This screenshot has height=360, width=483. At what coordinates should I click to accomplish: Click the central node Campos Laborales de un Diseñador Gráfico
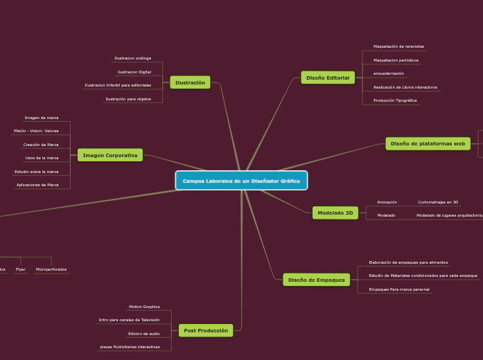pos(241,181)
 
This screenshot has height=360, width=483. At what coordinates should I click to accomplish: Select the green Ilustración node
pos(190,82)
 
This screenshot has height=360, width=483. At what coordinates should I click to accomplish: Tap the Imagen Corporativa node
pos(110,155)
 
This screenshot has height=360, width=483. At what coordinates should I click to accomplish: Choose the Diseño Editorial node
pos(328,78)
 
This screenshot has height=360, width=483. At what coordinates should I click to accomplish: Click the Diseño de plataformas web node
pos(428,143)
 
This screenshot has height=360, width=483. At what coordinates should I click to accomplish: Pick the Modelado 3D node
pos(335,213)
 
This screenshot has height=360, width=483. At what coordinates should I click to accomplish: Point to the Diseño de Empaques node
pos(316,280)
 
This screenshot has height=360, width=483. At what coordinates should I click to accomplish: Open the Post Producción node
pos(206,330)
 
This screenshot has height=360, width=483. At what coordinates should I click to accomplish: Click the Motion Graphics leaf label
pos(144,307)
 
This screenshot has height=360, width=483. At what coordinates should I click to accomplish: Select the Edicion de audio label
pos(143,334)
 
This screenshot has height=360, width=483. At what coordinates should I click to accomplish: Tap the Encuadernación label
pos(388,73)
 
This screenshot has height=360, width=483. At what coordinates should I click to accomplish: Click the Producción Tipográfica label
pos(395,100)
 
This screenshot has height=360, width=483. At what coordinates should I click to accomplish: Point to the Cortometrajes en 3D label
pos(438,202)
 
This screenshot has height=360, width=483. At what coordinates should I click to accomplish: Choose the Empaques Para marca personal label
pos(398,289)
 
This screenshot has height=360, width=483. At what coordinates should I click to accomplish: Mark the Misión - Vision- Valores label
pos(36,131)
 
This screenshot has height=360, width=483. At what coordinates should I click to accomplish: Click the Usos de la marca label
pos(42,158)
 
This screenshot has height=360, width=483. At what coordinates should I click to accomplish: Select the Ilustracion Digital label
pos(134,72)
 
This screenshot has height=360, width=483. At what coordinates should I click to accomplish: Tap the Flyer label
pos(21,269)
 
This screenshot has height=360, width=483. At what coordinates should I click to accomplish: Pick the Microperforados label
pos(51,269)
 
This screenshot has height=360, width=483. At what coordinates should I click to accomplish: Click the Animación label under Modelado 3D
pos(387,202)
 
